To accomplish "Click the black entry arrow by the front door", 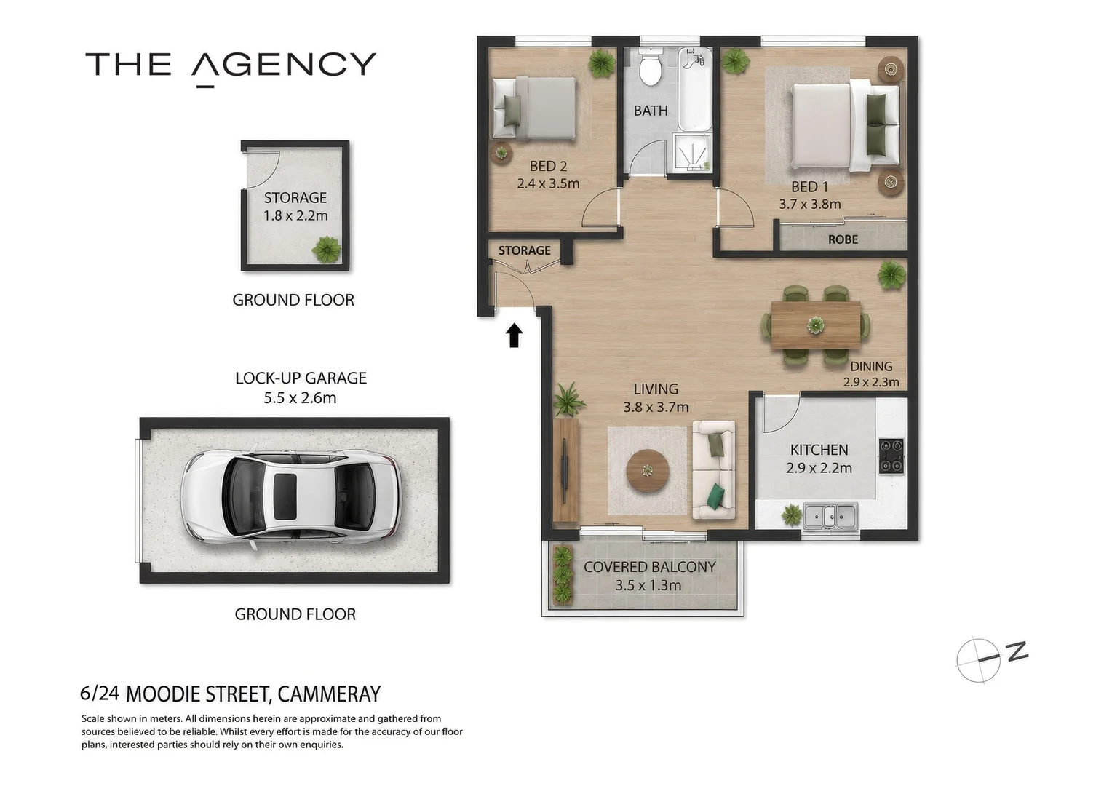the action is (514, 336).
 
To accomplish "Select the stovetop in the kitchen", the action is (891, 456).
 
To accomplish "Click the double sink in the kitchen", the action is (830, 517).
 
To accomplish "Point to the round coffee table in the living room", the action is (648, 470).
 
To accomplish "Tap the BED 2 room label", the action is (548, 166).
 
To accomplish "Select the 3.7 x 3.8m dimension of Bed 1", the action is (810, 204).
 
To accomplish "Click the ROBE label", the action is (843, 239).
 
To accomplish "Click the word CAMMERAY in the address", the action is (329, 694).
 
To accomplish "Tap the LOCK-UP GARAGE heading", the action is (301, 378).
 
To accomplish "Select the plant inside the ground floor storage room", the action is (327, 250).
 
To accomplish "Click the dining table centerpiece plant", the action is (816, 325).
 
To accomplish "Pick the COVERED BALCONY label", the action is (649, 566).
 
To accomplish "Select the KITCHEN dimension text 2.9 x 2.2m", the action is (819, 468).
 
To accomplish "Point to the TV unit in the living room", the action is (565, 471).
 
